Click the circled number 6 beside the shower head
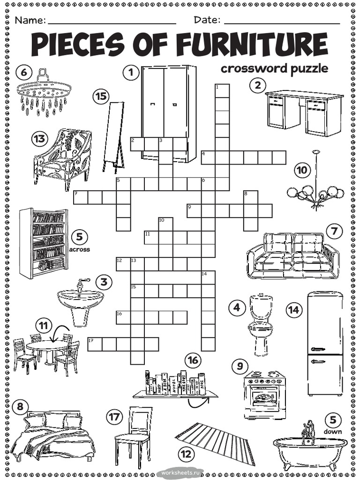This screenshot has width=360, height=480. click(x=24, y=72)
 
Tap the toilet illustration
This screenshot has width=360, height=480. click(x=260, y=323)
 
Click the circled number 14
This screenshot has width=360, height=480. click(x=293, y=309)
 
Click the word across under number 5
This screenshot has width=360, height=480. click(x=79, y=249)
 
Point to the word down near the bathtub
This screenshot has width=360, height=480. click(x=332, y=431)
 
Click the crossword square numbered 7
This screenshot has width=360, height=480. click(x=81, y=197)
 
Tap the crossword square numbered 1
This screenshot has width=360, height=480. click(x=222, y=90)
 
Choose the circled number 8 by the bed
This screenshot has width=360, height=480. click(x=19, y=407)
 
